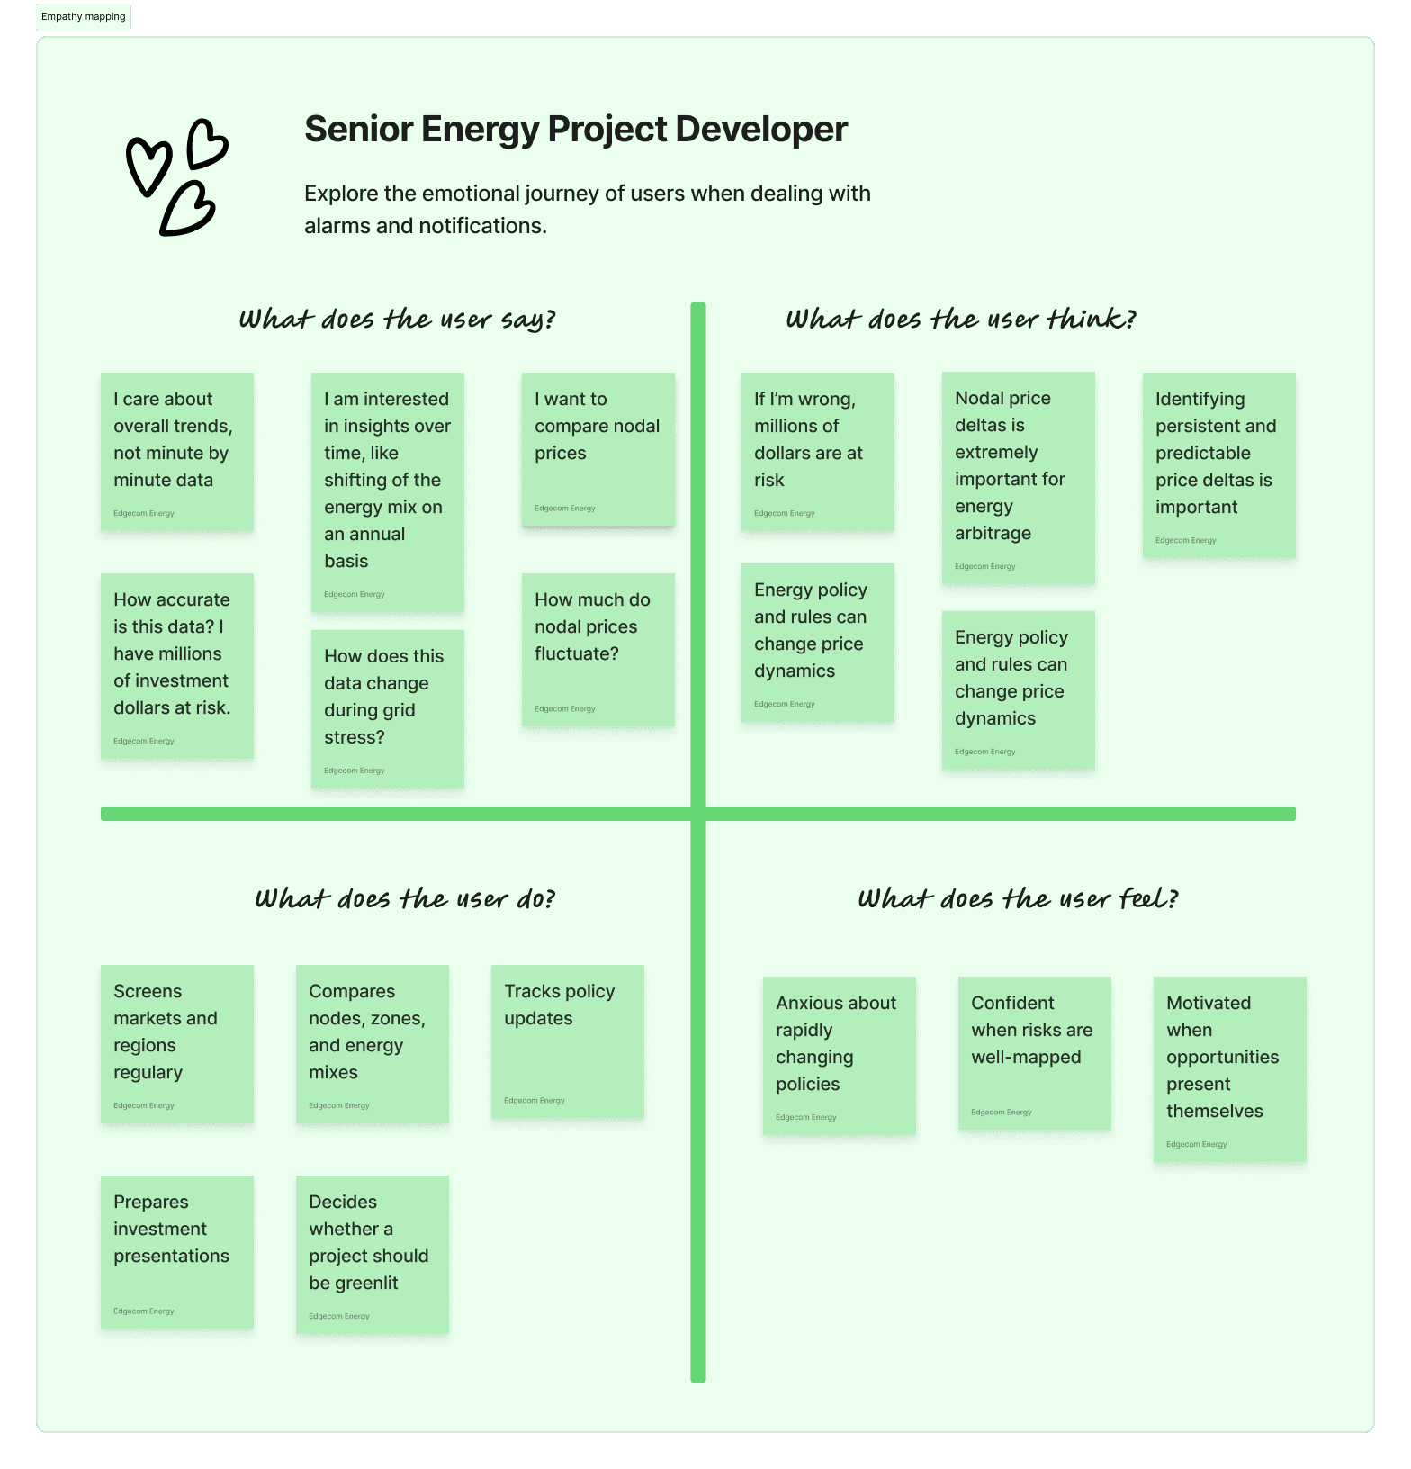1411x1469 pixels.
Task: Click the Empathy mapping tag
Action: pyautogui.click(x=84, y=17)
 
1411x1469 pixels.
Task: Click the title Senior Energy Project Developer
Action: pyautogui.click(x=576, y=130)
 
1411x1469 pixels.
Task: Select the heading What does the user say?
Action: pyautogui.click(x=397, y=320)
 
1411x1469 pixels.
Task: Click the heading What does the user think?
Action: pyautogui.click(x=960, y=320)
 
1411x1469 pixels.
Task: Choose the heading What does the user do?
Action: pyautogui.click(x=405, y=899)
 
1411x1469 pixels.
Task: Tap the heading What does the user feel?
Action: pyautogui.click(x=1018, y=899)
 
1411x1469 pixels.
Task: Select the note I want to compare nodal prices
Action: pyautogui.click(x=598, y=448)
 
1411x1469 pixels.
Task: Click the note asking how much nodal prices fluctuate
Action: pyautogui.click(x=598, y=649)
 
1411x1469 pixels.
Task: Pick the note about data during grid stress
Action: pyautogui.click(x=387, y=708)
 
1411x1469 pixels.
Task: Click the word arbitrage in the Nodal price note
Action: pyautogui.click(x=993, y=534)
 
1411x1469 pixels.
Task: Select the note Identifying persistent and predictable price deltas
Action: pyautogui.click(x=1218, y=464)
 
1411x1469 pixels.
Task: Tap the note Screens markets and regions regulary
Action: pyautogui.click(x=176, y=1043)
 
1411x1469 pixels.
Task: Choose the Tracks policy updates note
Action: pyautogui.click(x=567, y=1041)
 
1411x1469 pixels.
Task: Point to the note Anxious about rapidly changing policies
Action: pyautogui.click(x=839, y=1055)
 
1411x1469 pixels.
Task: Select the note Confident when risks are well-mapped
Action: pyautogui.click(x=1034, y=1052)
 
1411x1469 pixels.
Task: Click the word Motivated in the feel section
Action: pyautogui.click(x=1208, y=1004)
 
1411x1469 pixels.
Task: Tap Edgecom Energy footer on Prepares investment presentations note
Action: pyautogui.click(x=144, y=1311)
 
